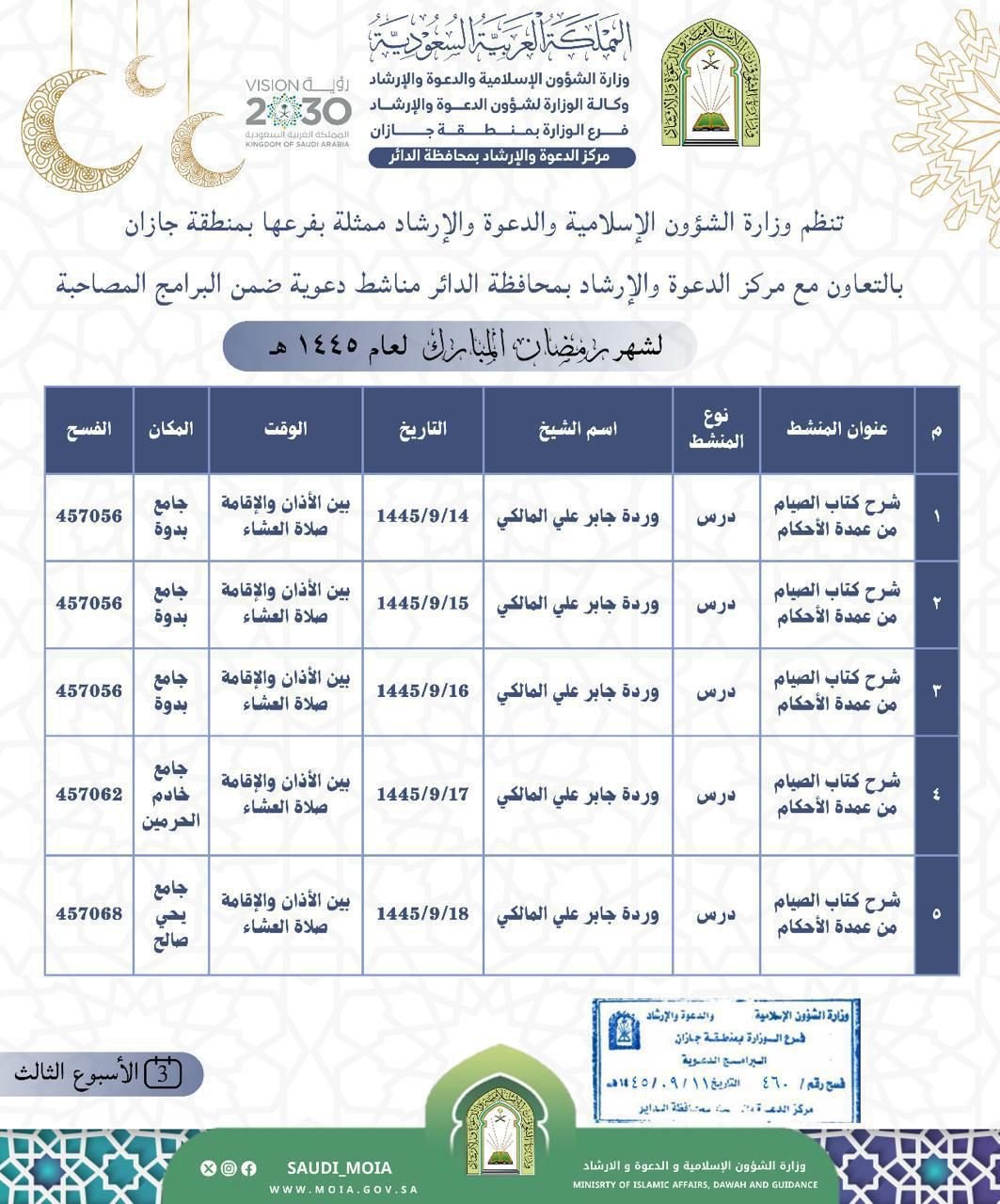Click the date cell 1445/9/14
(x=422, y=516)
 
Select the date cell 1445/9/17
(x=422, y=794)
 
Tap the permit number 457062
(x=88, y=794)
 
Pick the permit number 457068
(x=88, y=912)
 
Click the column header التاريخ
(x=422, y=429)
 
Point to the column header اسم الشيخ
(x=578, y=429)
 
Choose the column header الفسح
(x=88, y=429)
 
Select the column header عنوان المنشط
(x=836, y=429)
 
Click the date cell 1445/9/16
(x=422, y=690)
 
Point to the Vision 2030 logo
(x=297, y=112)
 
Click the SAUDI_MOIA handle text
(x=339, y=1168)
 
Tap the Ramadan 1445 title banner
(x=459, y=346)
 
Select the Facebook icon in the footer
(x=249, y=1168)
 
